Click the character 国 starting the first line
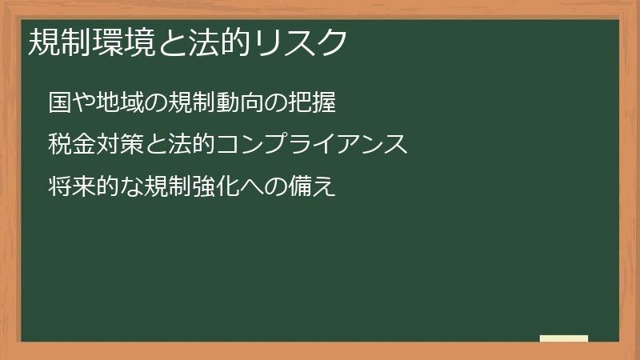pos(58,103)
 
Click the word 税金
pos(69,146)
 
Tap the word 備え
pos(313,188)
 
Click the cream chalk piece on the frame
pos(564,339)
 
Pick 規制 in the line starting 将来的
pos(169,188)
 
